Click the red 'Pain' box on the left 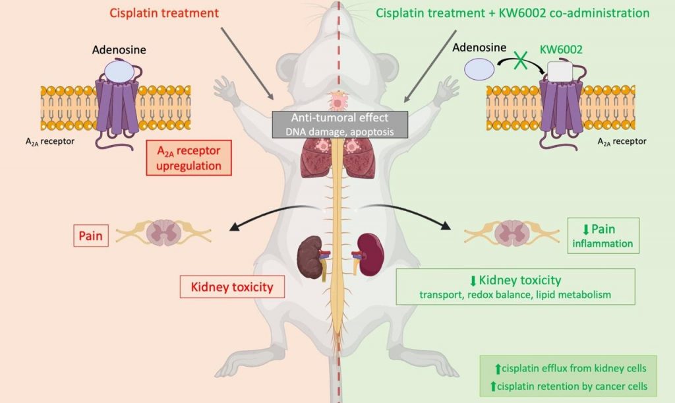point(92,235)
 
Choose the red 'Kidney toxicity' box point(227,288)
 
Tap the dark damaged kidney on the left point(307,254)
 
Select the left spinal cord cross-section point(164,235)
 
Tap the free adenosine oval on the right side point(479,69)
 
